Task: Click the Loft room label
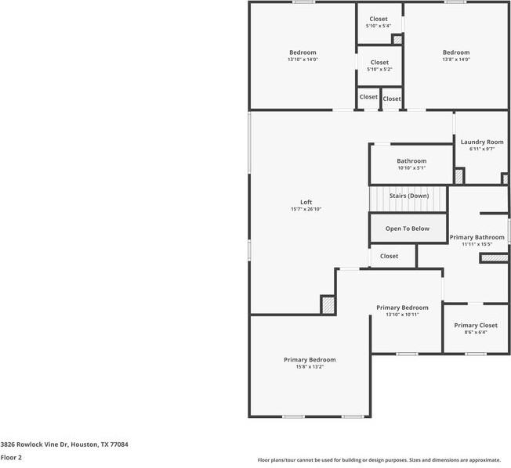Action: pos(306,202)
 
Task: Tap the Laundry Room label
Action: pos(481,142)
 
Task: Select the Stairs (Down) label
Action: pos(409,196)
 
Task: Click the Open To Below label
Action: pos(408,229)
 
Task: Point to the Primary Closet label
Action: pos(476,325)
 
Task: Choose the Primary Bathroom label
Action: pos(477,236)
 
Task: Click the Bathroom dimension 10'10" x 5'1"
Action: pos(411,167)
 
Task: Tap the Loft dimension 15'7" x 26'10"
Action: pos(306,209)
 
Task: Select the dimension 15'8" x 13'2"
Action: pos(310,366)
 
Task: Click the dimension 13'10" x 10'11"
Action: pos(402,315)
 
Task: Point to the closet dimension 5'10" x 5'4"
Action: pos(379,26)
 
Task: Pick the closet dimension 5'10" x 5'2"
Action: pos(379,69)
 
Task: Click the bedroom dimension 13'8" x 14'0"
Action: pos(455,59)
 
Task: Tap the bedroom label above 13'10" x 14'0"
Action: pos(303,52)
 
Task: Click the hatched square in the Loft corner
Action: pos(328,304)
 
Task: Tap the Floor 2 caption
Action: pos(11,456)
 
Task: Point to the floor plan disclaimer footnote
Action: pos(378,459)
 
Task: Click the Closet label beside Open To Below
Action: pos(390,256)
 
